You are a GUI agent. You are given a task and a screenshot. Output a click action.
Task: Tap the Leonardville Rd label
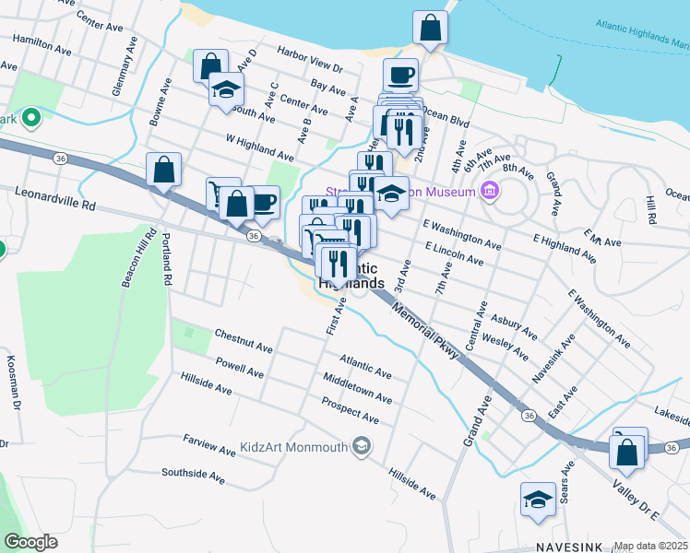click(x=55, y=196)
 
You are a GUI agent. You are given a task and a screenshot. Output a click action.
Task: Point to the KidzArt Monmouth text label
click(x=293, y=448)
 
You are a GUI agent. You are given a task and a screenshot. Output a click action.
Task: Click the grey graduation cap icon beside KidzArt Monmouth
click(x=363, y=447)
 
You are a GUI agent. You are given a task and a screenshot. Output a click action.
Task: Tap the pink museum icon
click(x=490, y=192)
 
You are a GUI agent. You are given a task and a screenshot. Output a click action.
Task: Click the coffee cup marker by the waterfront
click(x=400, y=76)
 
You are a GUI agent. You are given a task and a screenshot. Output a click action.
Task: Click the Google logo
click(x=30, y=541)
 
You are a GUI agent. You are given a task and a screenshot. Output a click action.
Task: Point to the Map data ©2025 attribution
click(x=651, y=546)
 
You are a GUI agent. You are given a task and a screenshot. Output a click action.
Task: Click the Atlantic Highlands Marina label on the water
click(x=642, y=37)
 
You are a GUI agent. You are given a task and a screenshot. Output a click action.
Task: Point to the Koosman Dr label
click(x=13, y=379)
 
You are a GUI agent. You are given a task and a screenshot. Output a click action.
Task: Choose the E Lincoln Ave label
click(x=454, y=254)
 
